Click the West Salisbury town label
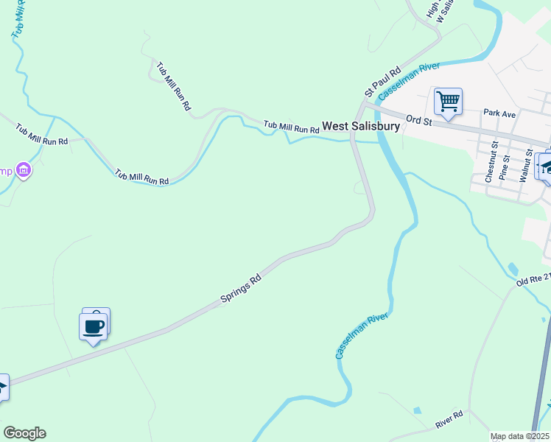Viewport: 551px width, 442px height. point(361,126)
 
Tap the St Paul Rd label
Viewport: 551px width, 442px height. point(382,82)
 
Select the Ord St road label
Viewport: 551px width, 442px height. point(418,120)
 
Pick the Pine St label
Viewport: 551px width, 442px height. point(504,168)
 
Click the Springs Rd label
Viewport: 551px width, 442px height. point(241,289)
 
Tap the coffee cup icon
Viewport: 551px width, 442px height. point(94,326)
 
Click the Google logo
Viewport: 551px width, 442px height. point(24,433)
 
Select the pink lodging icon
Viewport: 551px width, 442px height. point(24,171)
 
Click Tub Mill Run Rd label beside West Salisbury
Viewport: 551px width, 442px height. point(292,127)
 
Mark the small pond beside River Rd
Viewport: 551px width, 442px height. point(418,410)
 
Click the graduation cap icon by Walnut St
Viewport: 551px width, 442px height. point(545,166)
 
